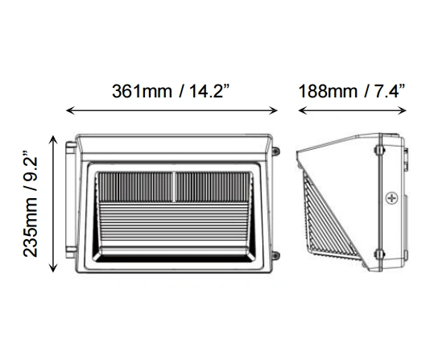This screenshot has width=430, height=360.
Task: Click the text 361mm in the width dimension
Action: tap(142, 91)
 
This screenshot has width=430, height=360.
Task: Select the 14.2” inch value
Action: tap(210, 91)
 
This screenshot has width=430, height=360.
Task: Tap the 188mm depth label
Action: tap(328, 91)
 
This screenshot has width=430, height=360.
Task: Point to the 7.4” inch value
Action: tap(390, 91)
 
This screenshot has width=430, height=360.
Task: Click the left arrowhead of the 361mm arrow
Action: tap(71, 110)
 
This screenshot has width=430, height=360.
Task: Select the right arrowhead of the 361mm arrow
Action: tap(274, 110)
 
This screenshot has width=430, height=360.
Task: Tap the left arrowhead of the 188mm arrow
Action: tap(303, 110)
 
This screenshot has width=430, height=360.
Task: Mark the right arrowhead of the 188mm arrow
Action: tap(402, 110)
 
